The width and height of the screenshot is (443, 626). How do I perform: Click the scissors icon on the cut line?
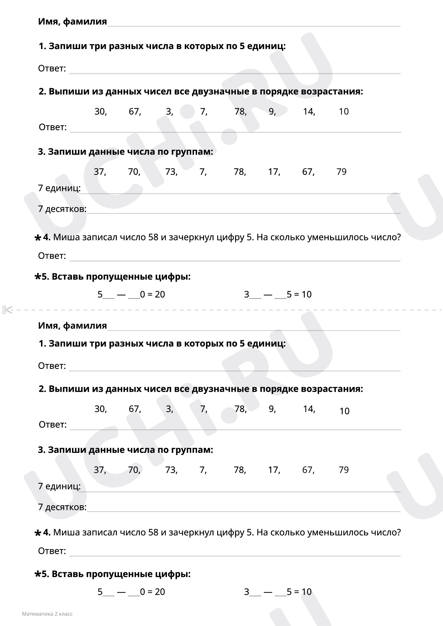point(7,310)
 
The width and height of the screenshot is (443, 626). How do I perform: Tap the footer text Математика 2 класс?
point(47,614)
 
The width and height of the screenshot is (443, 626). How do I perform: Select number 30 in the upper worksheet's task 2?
point(100,112)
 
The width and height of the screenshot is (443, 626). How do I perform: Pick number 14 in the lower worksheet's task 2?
point(308,409)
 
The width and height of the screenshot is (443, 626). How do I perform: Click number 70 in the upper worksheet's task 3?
point(133,172)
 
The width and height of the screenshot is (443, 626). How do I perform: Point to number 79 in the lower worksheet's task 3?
point(344,470)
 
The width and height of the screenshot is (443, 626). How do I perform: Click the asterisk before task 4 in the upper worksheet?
point(37,238)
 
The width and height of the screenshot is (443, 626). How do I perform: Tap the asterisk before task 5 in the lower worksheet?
point(37,574)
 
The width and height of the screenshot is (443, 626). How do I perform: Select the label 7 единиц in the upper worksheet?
point(59,188)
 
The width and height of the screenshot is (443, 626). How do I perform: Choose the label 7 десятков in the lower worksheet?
point(62,507)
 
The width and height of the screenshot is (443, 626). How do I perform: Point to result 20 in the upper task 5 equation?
point(160,294)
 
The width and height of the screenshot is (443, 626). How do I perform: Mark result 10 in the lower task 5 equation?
point(306,592)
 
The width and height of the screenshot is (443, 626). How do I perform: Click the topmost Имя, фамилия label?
point(72,21)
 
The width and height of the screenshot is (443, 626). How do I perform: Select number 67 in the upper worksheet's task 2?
point(134,112)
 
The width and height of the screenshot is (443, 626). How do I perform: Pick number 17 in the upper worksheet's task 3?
point(274,172)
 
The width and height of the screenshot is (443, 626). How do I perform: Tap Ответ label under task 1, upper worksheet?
point(52,68)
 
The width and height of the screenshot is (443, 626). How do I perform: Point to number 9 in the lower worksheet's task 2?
point(271,409)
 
